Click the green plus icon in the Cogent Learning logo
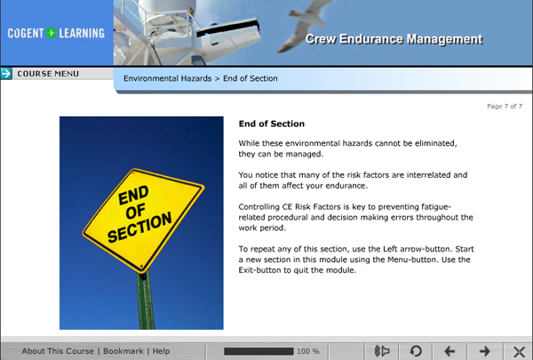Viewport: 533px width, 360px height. point(52,33)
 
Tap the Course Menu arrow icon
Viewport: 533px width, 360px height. point(6,74)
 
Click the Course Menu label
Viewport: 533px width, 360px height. point(48,74)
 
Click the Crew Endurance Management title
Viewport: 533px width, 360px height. point(394,39)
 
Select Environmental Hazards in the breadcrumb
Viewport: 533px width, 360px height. point(168,78)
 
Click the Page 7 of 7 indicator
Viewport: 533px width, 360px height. point(505,106)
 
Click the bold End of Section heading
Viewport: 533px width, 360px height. point(272,124)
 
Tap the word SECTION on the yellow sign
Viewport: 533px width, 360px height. point(139,228)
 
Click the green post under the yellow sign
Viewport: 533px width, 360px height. point(146,300)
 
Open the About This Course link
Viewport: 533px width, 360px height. point(58,351)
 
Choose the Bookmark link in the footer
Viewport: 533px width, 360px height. point(123,351)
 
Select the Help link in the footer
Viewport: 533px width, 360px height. point(161,351)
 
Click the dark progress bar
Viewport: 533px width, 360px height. point(259,351)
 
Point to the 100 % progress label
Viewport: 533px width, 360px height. point(308,351)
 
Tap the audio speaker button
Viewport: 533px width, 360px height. point(382,351)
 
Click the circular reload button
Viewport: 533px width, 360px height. point(416,351)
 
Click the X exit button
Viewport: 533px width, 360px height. point(519,351)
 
